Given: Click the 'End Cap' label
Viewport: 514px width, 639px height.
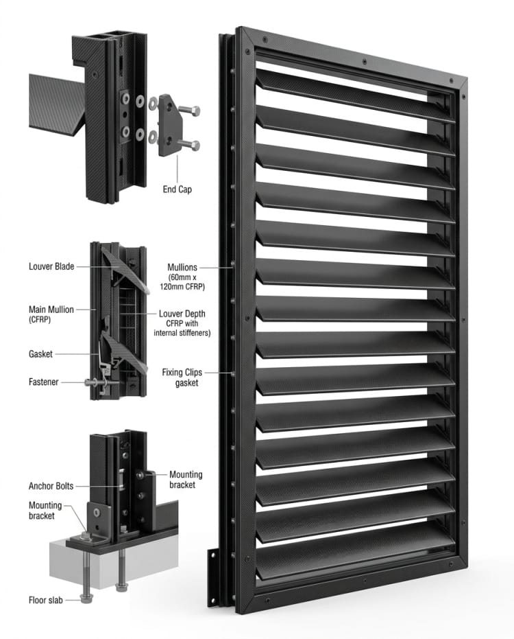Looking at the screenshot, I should coord(178,188).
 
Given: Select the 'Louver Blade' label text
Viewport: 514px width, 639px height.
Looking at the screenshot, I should coord(51,266).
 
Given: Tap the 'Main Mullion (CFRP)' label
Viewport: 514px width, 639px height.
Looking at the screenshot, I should coord(52,314).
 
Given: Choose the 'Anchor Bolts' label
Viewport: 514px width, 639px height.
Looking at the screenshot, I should coord(51,486).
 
